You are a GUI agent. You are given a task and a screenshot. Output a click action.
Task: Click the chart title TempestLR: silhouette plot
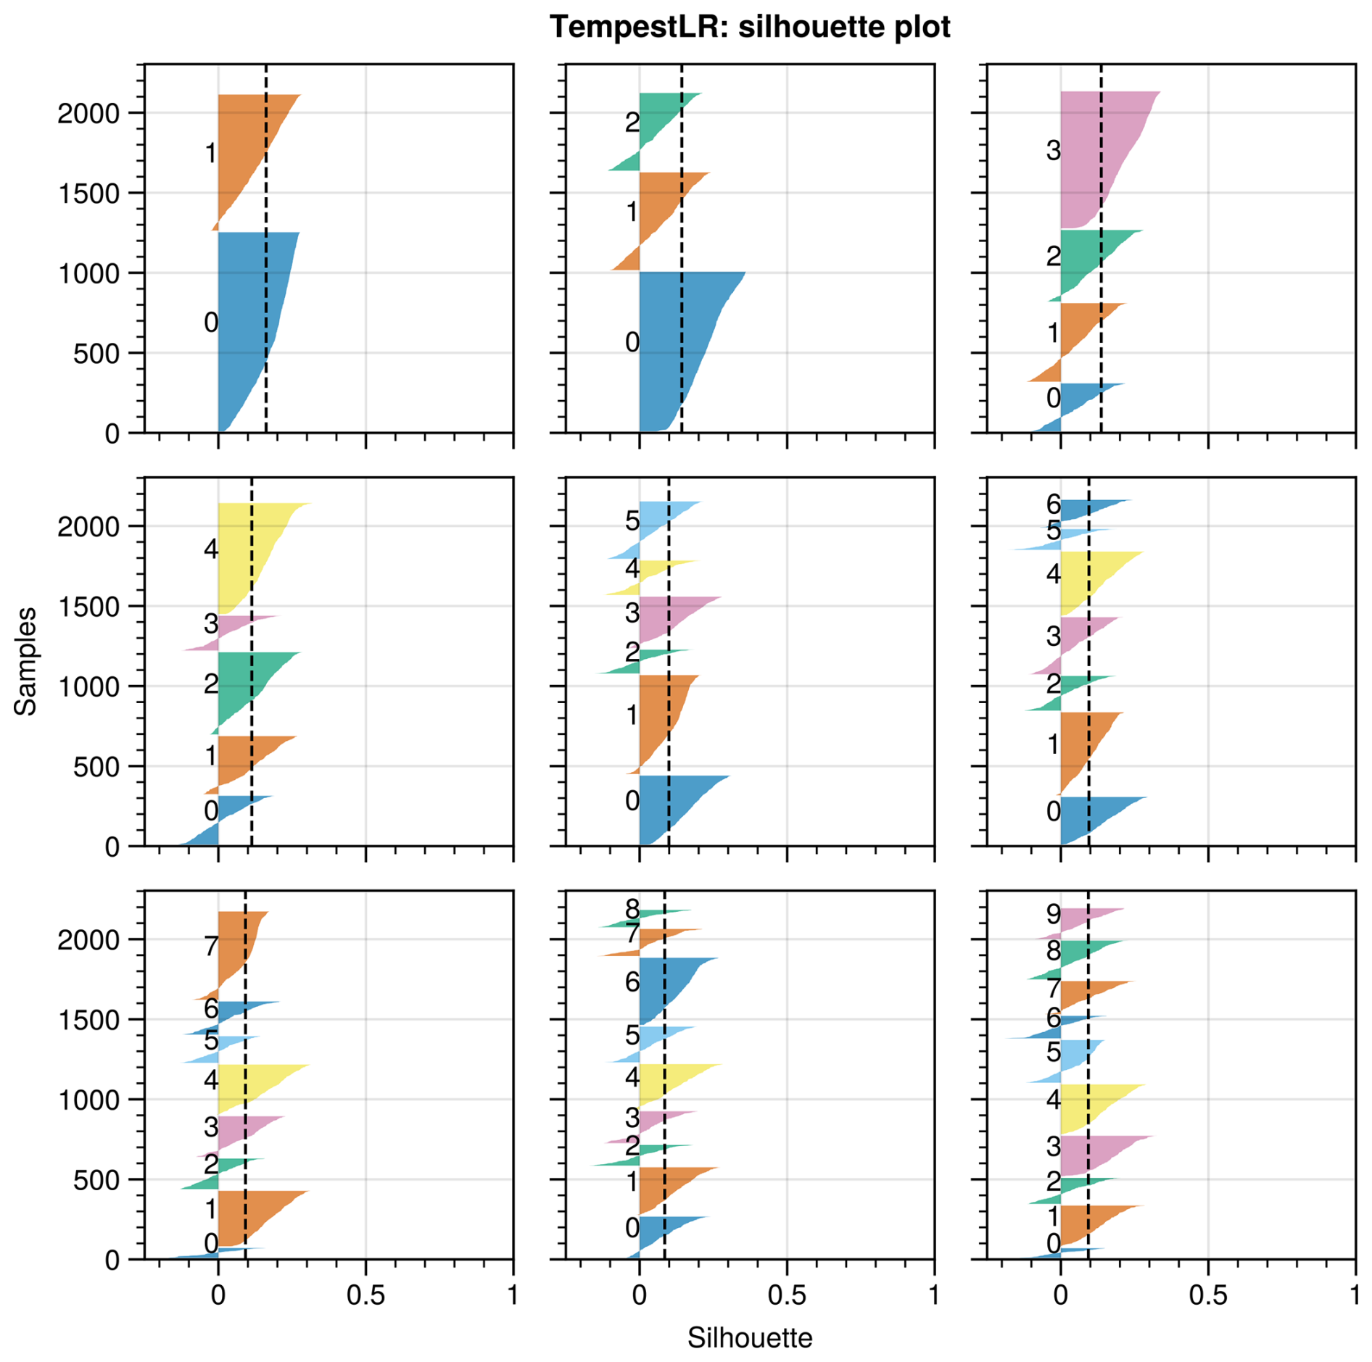click(749, 27)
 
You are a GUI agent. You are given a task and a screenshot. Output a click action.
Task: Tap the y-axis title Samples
click(26, 661)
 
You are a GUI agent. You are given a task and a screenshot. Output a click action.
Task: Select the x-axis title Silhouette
click(749, 1337)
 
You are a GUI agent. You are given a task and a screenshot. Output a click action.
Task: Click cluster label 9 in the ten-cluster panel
click(1053, 915)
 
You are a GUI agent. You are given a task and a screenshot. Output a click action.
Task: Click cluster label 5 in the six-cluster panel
click(632, 521)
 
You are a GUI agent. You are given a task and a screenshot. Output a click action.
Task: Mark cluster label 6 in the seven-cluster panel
click(1053, 504)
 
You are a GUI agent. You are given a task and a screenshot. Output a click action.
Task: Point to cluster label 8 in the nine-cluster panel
click(632, 908)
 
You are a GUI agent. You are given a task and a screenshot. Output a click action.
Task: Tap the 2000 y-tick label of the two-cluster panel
click(88, 114)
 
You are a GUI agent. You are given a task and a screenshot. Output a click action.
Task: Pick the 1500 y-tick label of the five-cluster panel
click(88, 607)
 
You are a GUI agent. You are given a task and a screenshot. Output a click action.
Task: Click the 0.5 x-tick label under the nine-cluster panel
click(787, 1295)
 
